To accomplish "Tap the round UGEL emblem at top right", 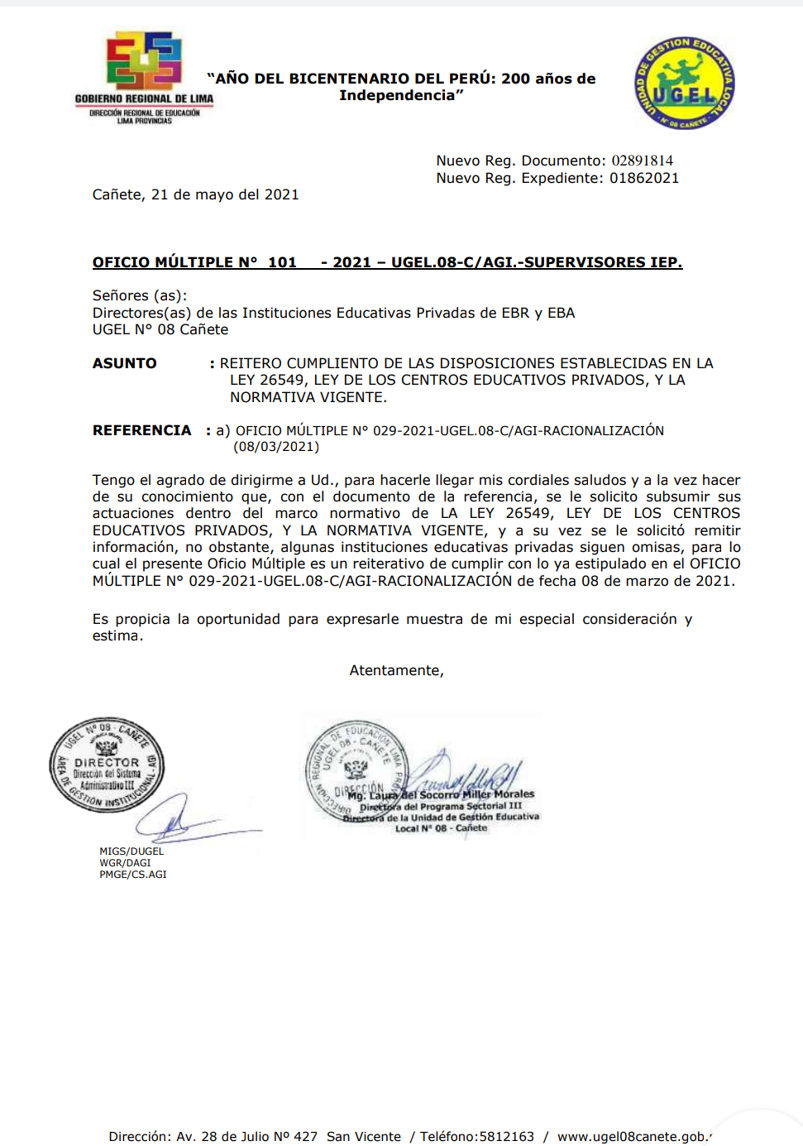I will [x=684, y=84].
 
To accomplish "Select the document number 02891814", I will [x=642, y=161].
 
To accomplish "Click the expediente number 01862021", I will [x=644, y=178].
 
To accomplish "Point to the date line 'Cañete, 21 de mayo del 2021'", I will [x=195, y=194].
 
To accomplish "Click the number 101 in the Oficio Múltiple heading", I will [x=282, y=262].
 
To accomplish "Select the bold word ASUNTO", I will [x=124, y=363].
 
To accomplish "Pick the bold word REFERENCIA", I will [x=141, y=430].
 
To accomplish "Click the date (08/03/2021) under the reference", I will [x=276, y=447].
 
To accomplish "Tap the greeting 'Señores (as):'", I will [x=140, y=295].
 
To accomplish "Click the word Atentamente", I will [x=396, y=670].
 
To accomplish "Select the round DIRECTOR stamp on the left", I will [x=107, y=765].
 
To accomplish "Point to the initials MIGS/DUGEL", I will [x=131, y=851].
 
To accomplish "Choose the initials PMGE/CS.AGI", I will [x=132, y=874].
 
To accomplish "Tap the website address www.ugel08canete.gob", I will [x=633, y=1136].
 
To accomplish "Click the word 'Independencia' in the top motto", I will [x=398, y=95].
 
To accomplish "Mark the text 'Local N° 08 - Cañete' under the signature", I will [x=441, y=827].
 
